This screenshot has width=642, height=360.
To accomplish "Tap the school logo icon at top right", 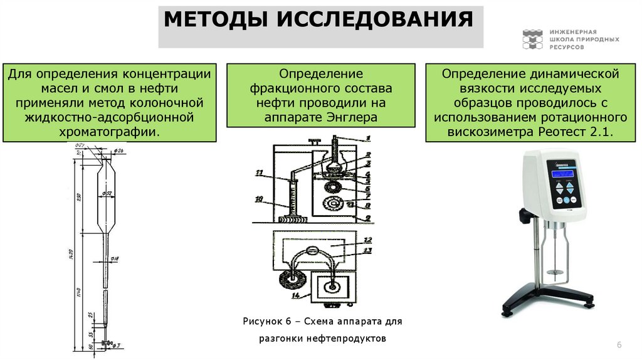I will pos(532,39).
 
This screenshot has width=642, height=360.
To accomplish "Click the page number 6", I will pos(619,346).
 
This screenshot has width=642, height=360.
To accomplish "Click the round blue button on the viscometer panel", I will pos(566,201).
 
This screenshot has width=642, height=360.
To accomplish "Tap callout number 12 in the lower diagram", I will pos(368,240).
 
